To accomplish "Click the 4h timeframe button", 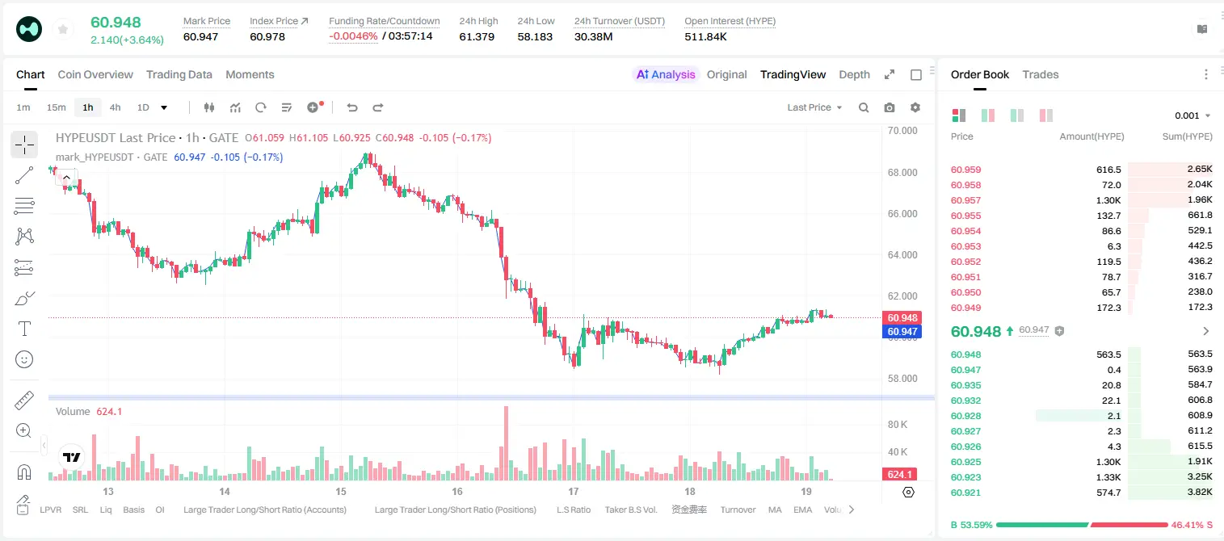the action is coord(115,107).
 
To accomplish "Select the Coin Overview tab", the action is coord(95,75).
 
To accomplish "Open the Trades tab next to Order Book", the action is coord(1041,75).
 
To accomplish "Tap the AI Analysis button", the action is coord(666,75).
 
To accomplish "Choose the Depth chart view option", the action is coord(854,75).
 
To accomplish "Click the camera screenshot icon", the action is coord(890,107).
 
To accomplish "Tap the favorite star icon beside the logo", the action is coord(63,30).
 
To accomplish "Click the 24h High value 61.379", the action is coord(477,36).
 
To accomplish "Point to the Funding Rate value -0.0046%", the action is coord(353,36).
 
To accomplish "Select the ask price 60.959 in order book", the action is coord(965,170).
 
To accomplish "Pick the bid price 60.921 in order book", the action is coord(965,493).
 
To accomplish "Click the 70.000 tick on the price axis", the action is coord(902,131).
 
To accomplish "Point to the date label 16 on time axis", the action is coord(456,491).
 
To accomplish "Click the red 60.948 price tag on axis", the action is coord(902,317).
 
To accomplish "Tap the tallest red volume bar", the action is coord(506,443).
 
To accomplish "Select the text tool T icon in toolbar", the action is coord(24,329).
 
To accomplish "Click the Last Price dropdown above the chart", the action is coord(814,107).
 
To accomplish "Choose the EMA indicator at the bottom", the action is coord(802,510).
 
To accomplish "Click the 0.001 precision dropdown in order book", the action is coord(1192,115).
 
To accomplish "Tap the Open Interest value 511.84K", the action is coord(705,36).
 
